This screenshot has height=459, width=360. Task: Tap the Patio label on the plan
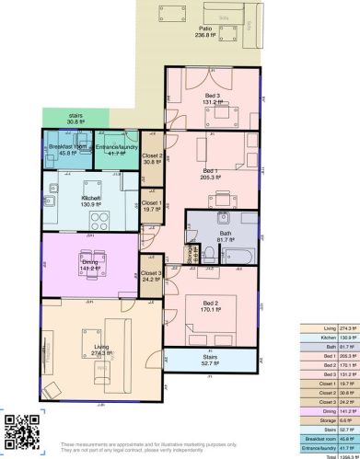[x=204, y=34]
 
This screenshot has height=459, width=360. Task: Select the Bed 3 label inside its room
[x=213, y=98]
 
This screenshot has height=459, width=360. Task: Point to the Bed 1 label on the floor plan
[x=211, y=174]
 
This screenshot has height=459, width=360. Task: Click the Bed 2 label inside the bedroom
[x=210, y=306]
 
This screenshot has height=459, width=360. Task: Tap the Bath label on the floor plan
[x=225, y=236]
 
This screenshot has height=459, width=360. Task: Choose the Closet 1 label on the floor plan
[x=152, y=206]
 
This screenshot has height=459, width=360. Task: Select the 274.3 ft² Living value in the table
[x=345, y=328]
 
